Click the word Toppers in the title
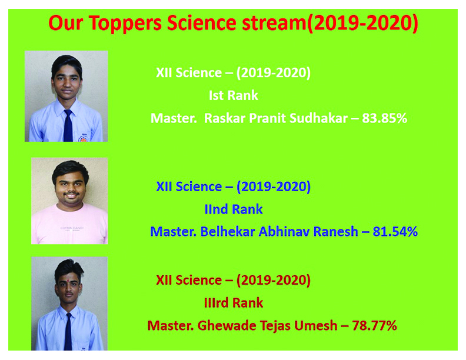click(x=125, y=24)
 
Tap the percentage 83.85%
click(x=385, y=118)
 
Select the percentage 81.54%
click(x=395, y=232)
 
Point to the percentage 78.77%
click(x=374, y=325)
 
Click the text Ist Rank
click(x=234, y=96)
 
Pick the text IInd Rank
click(x=234, y=209)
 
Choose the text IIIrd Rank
click(x=234, y=303)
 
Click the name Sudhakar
click(x=318, y=118)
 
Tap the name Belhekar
click(x=228, y=232)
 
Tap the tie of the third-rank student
click(x=68, y=332)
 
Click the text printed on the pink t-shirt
click(x=72, y=229)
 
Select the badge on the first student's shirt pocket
click(x=82, y=138)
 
